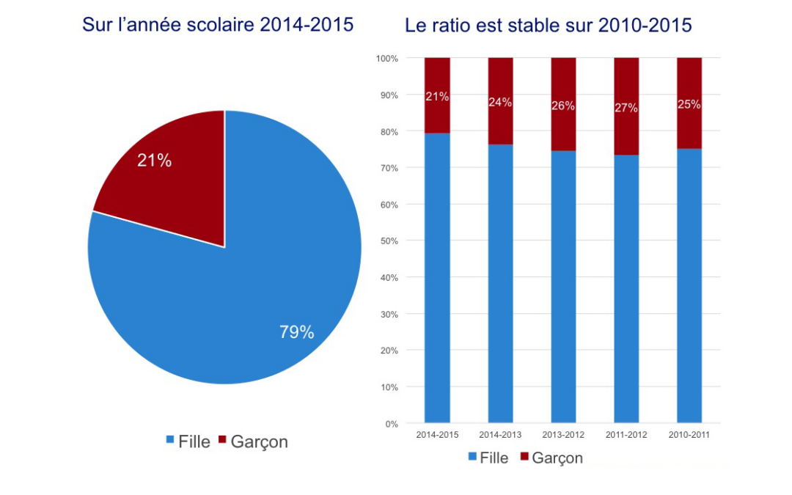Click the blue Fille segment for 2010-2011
point(689,286)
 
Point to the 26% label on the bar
point(563,106)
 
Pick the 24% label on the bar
point(500,102)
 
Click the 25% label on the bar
point(689,104)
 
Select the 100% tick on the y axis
point(386,58)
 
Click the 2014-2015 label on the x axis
point(437,435)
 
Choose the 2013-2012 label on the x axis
point(563,435)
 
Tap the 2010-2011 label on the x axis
point(689,435)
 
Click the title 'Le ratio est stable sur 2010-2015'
point(548,26)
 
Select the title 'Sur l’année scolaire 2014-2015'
point(218,25)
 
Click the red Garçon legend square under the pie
point(221,440)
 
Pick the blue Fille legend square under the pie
point(170,440)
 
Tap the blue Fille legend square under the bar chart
point(472,457)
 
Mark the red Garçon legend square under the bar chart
point(524,457)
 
